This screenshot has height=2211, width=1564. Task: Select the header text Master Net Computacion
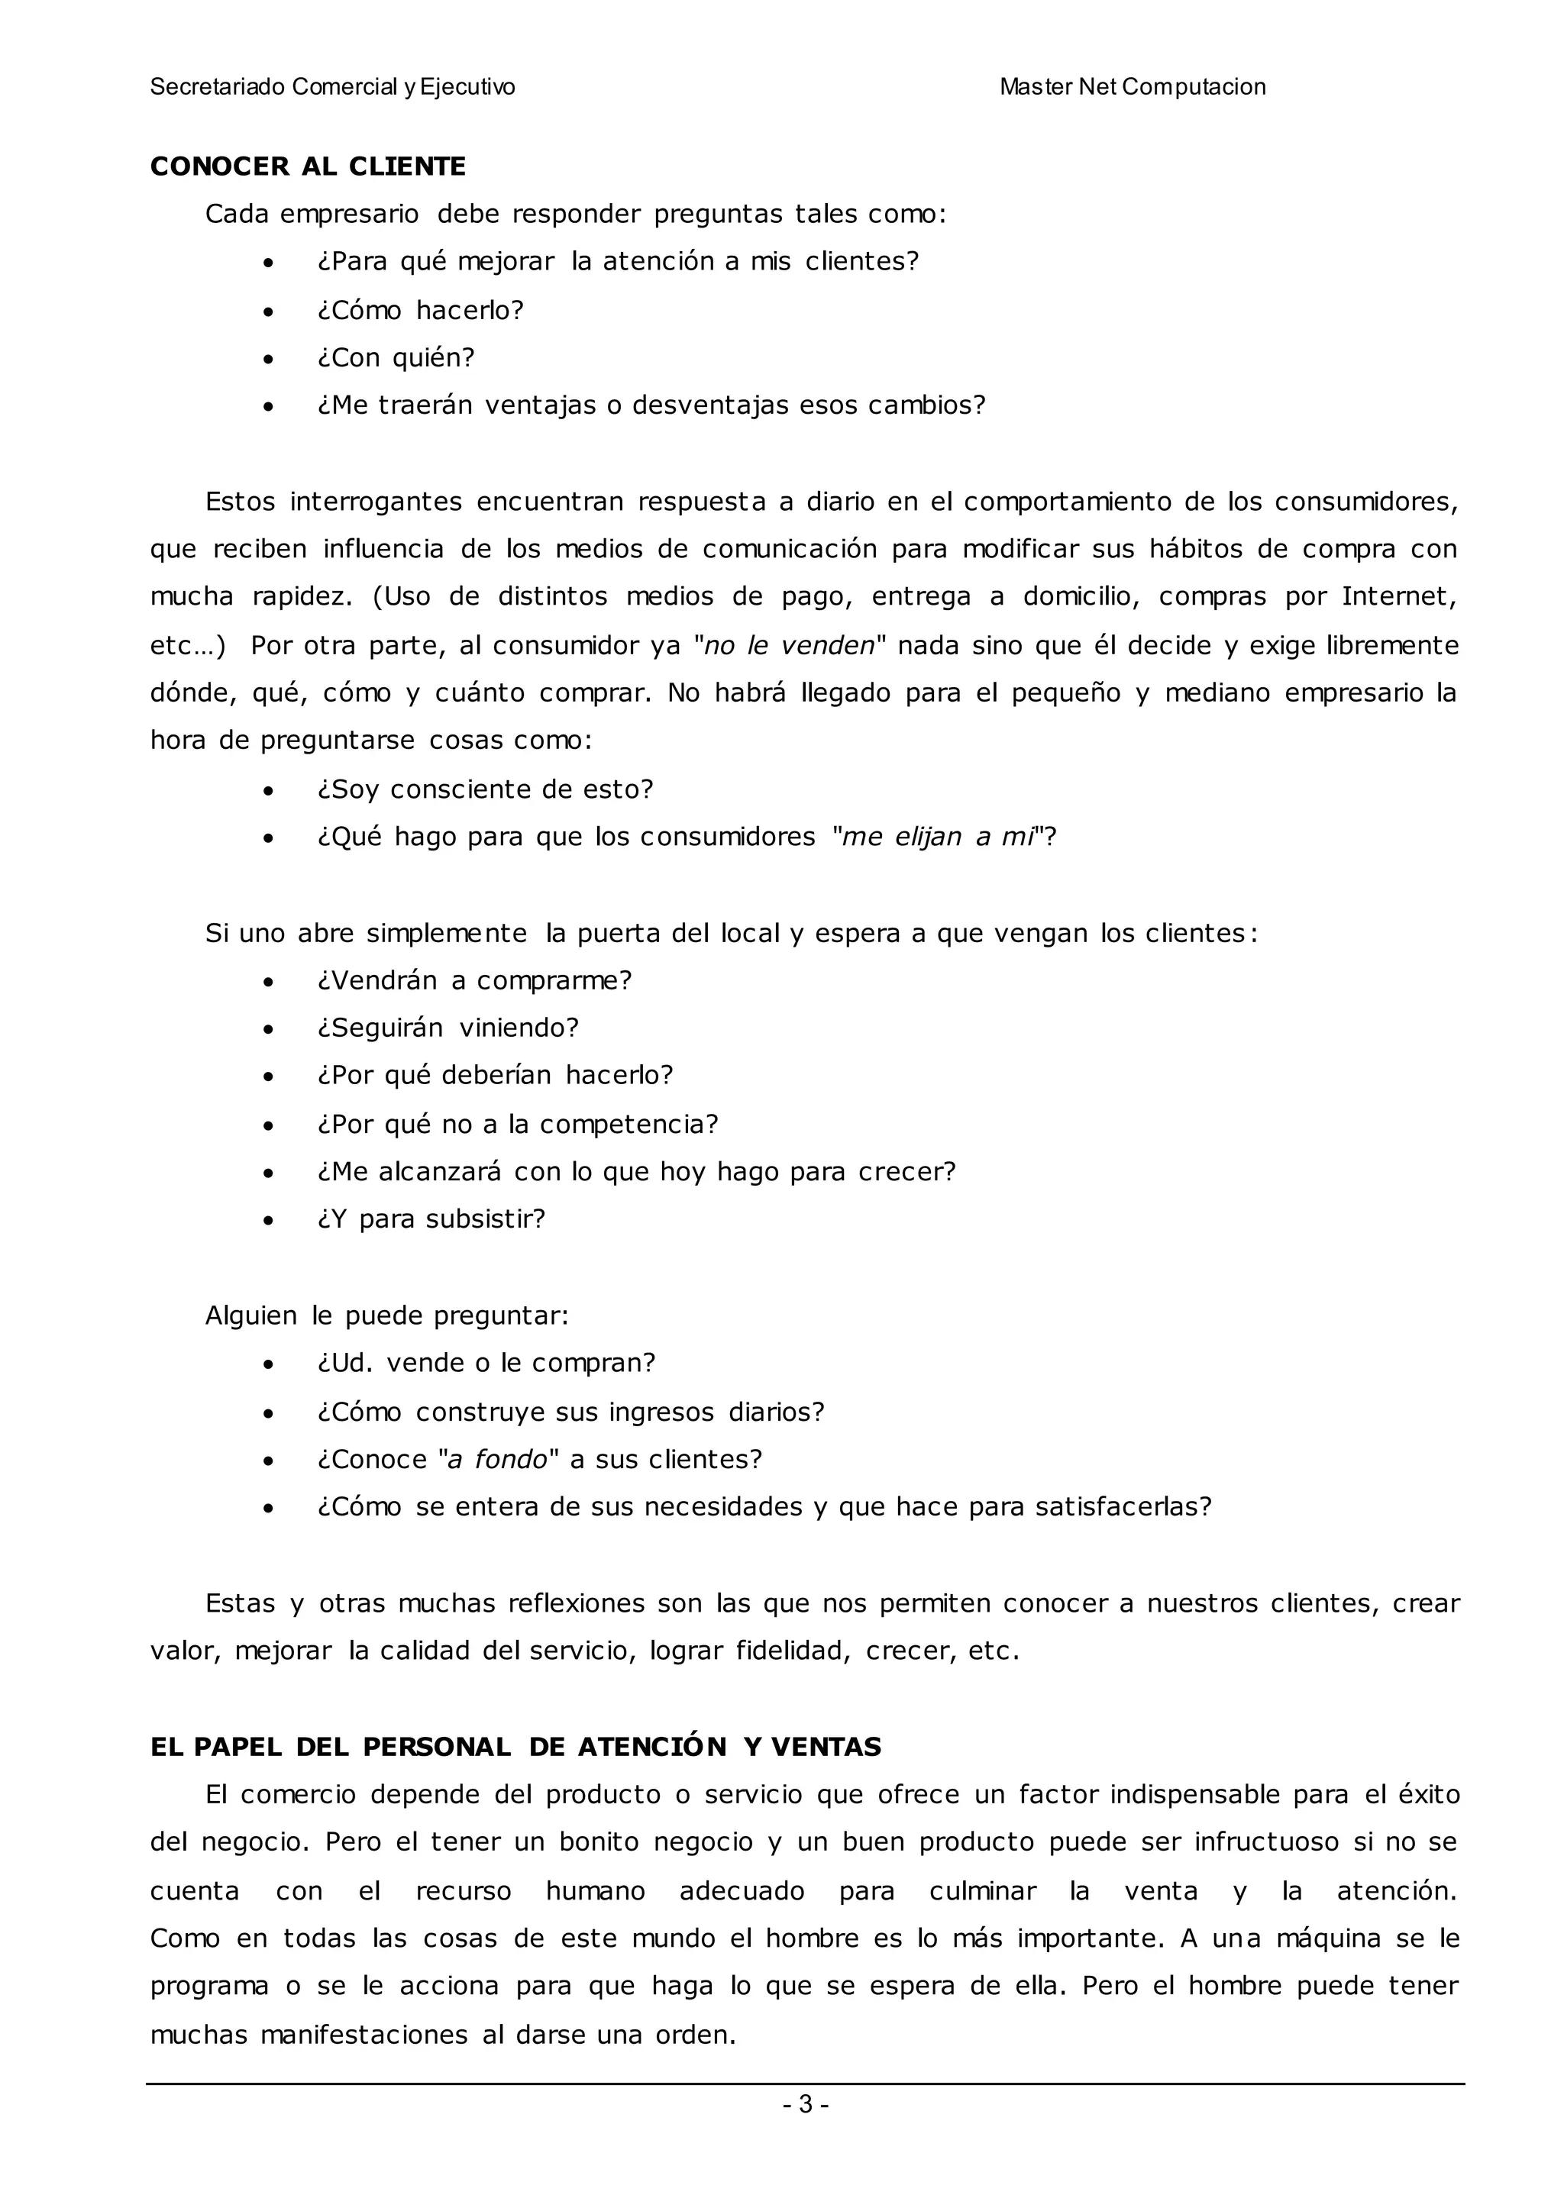click(1132, 88)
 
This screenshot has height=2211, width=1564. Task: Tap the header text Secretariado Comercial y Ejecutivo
click(332, 88)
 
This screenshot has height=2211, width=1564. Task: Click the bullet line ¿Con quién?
click(396, 358)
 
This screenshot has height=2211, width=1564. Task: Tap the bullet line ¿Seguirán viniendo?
click(448, 1028)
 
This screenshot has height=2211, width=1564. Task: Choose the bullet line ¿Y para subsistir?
click(431, 1220)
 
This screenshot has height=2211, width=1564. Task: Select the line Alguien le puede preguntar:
click(386, 1316)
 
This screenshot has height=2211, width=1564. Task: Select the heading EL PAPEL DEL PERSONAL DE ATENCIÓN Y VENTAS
click(515, 1748)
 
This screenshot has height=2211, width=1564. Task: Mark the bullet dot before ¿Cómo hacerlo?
click(269, 312)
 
